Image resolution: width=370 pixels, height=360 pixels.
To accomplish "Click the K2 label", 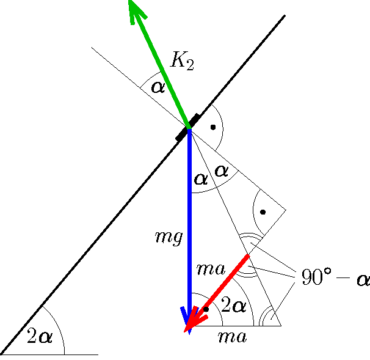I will (182, 61).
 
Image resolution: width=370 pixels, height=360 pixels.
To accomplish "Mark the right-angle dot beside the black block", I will (213, 127).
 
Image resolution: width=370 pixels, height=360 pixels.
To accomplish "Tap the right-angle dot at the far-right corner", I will (263, 212).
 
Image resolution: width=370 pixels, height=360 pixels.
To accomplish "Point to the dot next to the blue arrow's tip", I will (206, 309).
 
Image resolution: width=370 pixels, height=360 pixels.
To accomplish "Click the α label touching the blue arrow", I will (200, 179).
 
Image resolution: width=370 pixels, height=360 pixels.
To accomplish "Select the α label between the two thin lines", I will (221, 171).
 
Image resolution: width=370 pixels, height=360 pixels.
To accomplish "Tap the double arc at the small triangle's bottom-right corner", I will (267, 318).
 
